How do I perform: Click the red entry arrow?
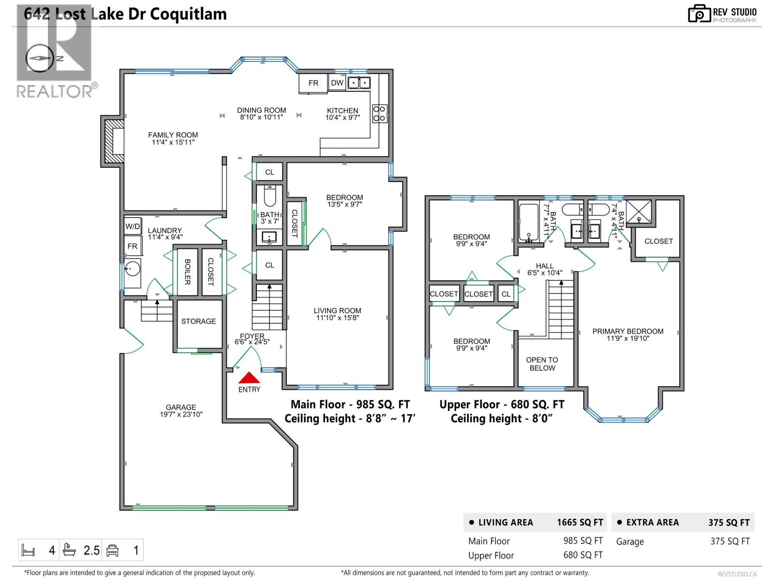pyautogui.click(x=249, y=378)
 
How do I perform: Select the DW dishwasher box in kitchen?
pyautogui.click(x=337, y=83)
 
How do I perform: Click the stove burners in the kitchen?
pyautogui.click(x=379, y=114)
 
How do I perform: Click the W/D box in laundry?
pyautogui.click(x=133, y=226)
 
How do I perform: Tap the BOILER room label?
pyautogui.click(x=187, y=272)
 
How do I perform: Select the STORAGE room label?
pyautogui.click(x=198, y=321)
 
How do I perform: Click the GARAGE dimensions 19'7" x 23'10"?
pyautogui.click(x=181, y=414)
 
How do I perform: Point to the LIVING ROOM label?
pyautogui.click(x=337, y=311)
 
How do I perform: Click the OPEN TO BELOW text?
pyautogui.click(x=542, y=364)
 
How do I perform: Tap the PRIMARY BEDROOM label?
pyautogui.click(x=628, y=331)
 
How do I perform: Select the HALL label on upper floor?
pyautogui.click(x=545, y=266)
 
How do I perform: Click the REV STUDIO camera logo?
pyautogui.click(x=699, y=14)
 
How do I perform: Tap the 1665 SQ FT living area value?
pyautogui.click(x=580, y=522)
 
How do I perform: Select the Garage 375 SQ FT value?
pyautogui.click(x=729, y=541)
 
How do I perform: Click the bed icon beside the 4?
pyautogui.click(x=29, y=550)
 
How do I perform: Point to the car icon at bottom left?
pyautogui.click(x=113, y=550)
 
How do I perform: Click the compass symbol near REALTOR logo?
pyautogui.click(x=39, y=58)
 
